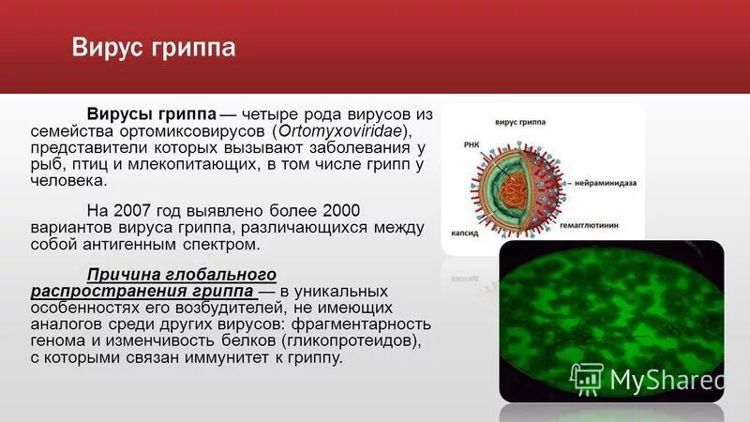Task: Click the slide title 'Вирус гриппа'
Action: pos(154,48)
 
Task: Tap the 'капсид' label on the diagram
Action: pos(466,228)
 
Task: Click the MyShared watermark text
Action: pos(667,380)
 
